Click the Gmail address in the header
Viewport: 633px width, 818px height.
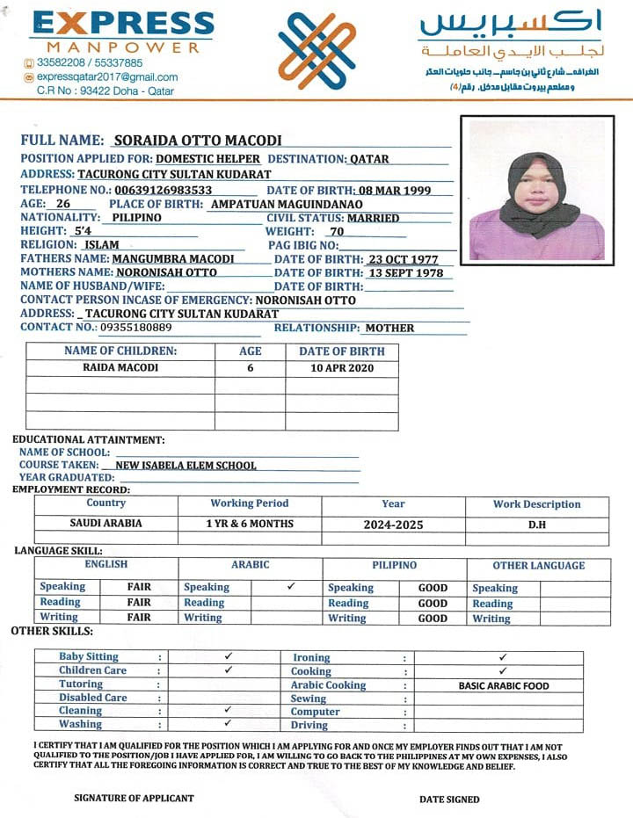point(106,76)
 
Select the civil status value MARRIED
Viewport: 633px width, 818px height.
point(373,218)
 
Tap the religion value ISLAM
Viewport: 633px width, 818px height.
point(101,245)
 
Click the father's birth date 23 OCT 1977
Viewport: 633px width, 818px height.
point(403,259)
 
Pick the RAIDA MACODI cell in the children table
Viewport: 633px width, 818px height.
point(120,368)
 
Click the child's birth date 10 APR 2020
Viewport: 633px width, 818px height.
point(342,368)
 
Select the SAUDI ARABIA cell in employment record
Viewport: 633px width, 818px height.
point(105,524)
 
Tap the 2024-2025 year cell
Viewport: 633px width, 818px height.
point(393,525)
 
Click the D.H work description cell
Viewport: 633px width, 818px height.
point(536,524)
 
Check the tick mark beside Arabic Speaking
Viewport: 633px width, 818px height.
point(291,586)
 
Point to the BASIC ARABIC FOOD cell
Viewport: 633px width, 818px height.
point(504,685)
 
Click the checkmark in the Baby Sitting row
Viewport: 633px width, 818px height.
point(228,656)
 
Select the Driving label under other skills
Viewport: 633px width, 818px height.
point(309,725)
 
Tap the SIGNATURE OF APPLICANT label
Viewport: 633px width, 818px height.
point(134,798)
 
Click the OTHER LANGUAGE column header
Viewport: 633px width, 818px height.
point(538,566)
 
